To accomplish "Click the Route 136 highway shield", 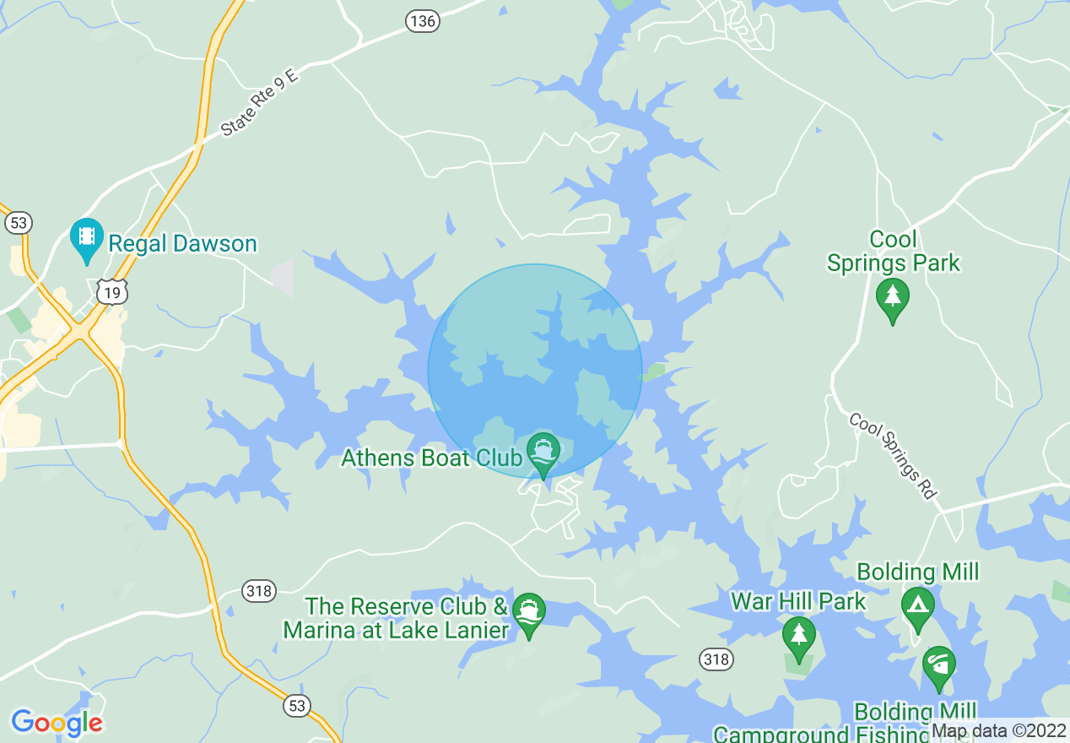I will click(423, 21).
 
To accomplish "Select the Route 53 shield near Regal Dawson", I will click(18, 223).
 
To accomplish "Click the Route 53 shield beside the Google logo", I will click(297, 705).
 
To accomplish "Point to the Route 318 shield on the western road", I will click(258, 590).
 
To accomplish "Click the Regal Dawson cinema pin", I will click(86, 240).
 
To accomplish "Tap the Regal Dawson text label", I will click(182, 244).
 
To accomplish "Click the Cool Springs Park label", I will click(893, 252).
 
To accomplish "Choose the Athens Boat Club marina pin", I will click(543, 453).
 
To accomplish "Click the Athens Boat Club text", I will click(431, 458).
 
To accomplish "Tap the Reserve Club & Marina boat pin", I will click(528, 614).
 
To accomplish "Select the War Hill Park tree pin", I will click(797, 637).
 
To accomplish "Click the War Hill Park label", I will click(798, 601).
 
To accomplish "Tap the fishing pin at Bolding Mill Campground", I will click(938, 667).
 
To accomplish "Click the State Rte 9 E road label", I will click(260, 104).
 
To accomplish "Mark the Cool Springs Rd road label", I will click(892, 455).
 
